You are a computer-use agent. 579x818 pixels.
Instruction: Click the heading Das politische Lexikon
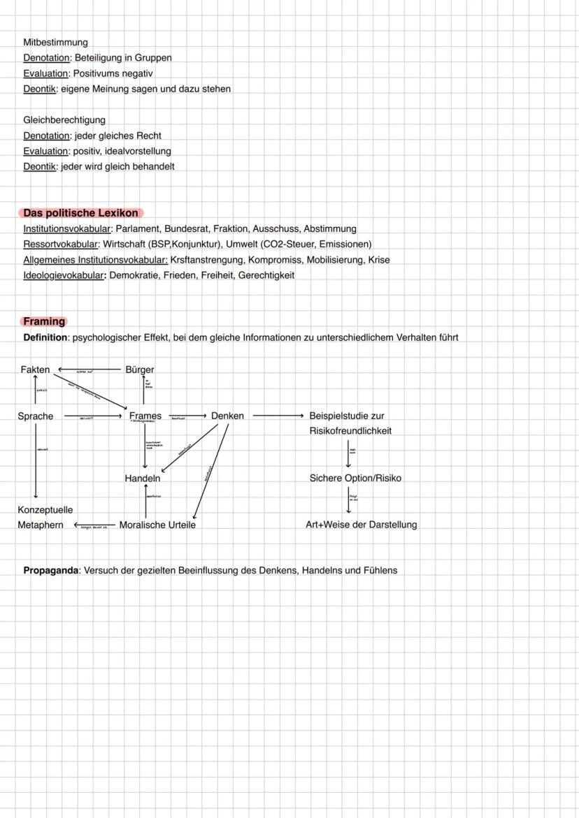click(81, 213)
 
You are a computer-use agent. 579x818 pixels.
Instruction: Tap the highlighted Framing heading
click(44, 321)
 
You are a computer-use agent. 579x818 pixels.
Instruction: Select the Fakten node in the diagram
click(35, 370)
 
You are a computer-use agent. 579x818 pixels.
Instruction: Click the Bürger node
click(140, 370)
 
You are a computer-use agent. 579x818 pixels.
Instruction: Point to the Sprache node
click(36, 416)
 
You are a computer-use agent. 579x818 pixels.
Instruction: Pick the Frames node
click(145, 416)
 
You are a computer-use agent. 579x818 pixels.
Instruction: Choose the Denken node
click(227, 416)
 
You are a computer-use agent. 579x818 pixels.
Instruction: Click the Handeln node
click(143, 479)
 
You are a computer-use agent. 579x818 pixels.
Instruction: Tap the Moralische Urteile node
click(157, 525)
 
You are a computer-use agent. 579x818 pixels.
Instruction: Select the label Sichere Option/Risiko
click(355, 479)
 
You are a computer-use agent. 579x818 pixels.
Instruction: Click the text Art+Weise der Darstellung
click(361, 525)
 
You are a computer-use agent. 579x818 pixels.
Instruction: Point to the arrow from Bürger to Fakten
click(89, 369)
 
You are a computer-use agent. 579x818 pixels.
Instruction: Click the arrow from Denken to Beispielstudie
click(278, 416)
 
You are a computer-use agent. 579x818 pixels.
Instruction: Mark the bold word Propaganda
click(51, 571)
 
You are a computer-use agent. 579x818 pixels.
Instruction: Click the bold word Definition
click(45, 338)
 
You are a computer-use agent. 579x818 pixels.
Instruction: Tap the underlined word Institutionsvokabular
click(67, 229)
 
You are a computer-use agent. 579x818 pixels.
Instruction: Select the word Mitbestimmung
click(55, 43)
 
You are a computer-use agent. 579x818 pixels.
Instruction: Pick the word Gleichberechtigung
click(64, 120)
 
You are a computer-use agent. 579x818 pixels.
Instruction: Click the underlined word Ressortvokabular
click(61, 244)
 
